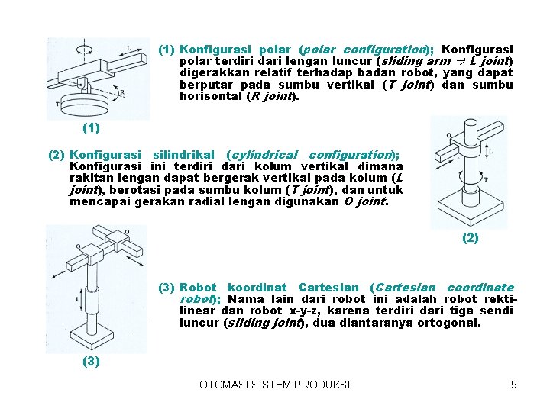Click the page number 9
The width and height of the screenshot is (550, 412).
point(514,385)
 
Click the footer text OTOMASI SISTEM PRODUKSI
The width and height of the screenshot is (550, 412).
point(274,385)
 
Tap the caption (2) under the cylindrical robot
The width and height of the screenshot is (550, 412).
point(471,238)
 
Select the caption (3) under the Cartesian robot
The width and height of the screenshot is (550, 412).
point(91,362)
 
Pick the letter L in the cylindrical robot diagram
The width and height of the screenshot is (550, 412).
point(490,151)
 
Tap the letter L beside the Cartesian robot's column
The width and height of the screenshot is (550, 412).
point(79,299)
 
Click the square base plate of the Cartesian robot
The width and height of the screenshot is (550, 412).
point(94,336)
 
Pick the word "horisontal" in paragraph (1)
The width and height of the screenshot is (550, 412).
point(209,97)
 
